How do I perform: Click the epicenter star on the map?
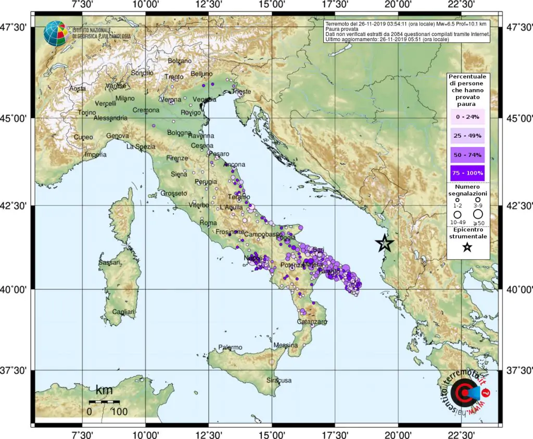(x=385, y=243)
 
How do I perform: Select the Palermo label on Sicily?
(x=231, y=347)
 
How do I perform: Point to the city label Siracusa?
(x=279, y=380)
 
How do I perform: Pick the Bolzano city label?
(x=180, y=61)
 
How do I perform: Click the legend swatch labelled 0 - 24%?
(x=467, y=117)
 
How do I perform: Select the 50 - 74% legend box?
(x=467, y=154)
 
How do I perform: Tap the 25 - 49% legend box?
(x=467, y=136)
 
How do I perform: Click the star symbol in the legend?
(x=467, y=248)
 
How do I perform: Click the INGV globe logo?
(x=56, y=33)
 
